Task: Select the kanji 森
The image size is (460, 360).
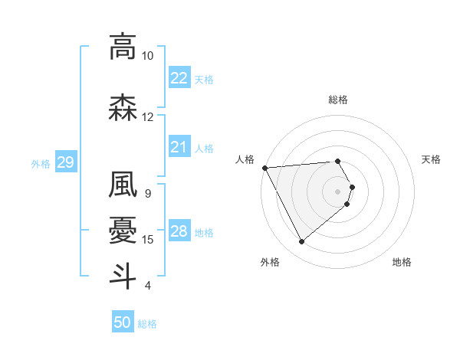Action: point(123,109)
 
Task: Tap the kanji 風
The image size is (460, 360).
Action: point(123,184)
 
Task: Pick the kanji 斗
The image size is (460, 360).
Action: point(123,275)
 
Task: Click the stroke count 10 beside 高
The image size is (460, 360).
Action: point(148,56)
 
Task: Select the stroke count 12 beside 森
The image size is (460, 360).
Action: point(148,117)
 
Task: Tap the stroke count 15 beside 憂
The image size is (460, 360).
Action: point(148,240)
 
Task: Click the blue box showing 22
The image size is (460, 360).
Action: point(179,77)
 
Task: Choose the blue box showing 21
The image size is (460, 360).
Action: point(179,147)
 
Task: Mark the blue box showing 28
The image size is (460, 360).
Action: point(179,231)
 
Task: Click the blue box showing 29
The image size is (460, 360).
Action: point(65,162)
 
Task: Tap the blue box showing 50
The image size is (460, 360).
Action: point(123,322)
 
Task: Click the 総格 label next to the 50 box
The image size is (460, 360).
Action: point(148,324)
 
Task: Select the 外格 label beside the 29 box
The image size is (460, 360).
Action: point(41,163)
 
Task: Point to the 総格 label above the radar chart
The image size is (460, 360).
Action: point(338,100)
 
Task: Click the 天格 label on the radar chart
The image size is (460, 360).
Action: point(431,159)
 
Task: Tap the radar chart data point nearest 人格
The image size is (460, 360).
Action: point(264,167)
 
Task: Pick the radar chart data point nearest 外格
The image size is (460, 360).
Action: point(301,242)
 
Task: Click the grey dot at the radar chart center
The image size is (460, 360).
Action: point(338,191)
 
